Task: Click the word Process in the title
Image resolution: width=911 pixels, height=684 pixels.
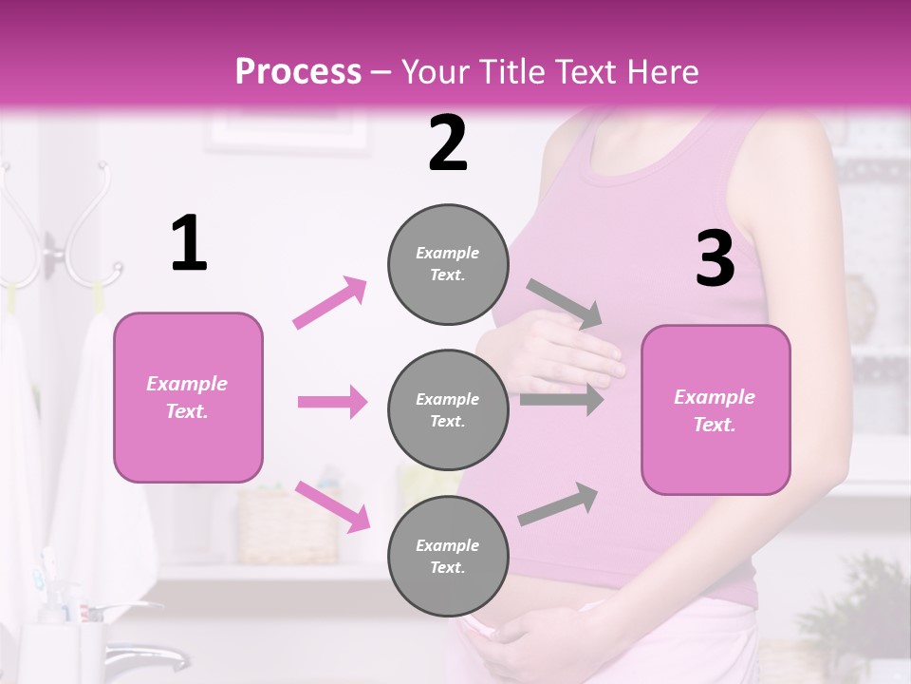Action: (298, 71)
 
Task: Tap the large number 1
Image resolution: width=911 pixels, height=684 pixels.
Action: (189, 244)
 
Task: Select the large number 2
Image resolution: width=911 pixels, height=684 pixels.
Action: (448, 143)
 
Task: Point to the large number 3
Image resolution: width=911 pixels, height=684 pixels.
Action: (715, 259)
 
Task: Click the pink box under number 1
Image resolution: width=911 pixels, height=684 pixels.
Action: (188, 397)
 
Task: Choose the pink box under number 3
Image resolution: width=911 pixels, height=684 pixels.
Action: (716, 409)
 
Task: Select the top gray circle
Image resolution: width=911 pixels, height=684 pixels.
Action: (448, 264)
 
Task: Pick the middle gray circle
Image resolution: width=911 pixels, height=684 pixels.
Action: (448, 409)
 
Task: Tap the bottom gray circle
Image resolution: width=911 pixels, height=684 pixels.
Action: (448, 556)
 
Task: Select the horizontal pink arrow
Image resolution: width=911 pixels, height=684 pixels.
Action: (332, 402)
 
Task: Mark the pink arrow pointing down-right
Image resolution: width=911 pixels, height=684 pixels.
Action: (332, 505)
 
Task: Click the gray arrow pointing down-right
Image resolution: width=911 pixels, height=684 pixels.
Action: (565, 304)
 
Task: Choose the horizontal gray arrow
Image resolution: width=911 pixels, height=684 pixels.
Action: (562, 400)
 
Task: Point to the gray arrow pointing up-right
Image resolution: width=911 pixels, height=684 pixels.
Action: (558, 503)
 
